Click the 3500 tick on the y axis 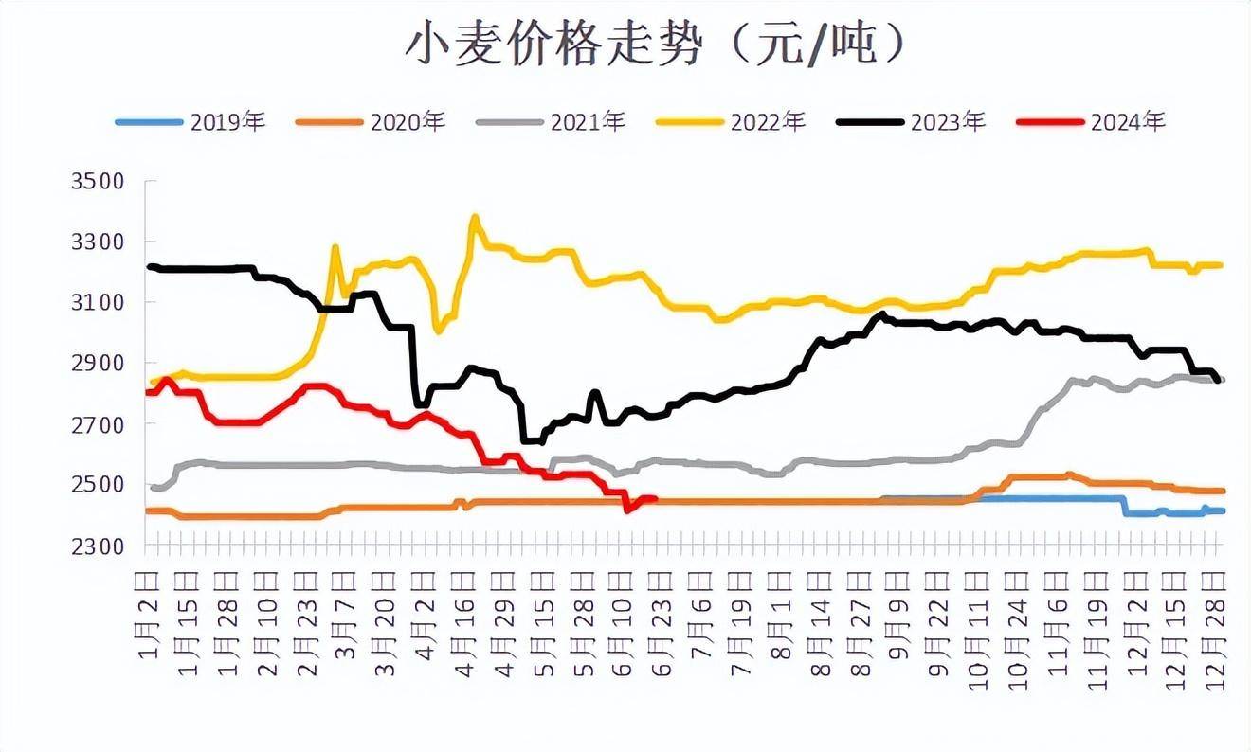98,181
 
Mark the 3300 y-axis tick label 98,242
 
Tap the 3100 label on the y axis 98,302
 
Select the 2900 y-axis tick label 98,363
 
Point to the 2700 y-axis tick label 98,424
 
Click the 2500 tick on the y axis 98,485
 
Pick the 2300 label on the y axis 98,546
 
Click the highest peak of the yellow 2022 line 475,217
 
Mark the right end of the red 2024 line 655,498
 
